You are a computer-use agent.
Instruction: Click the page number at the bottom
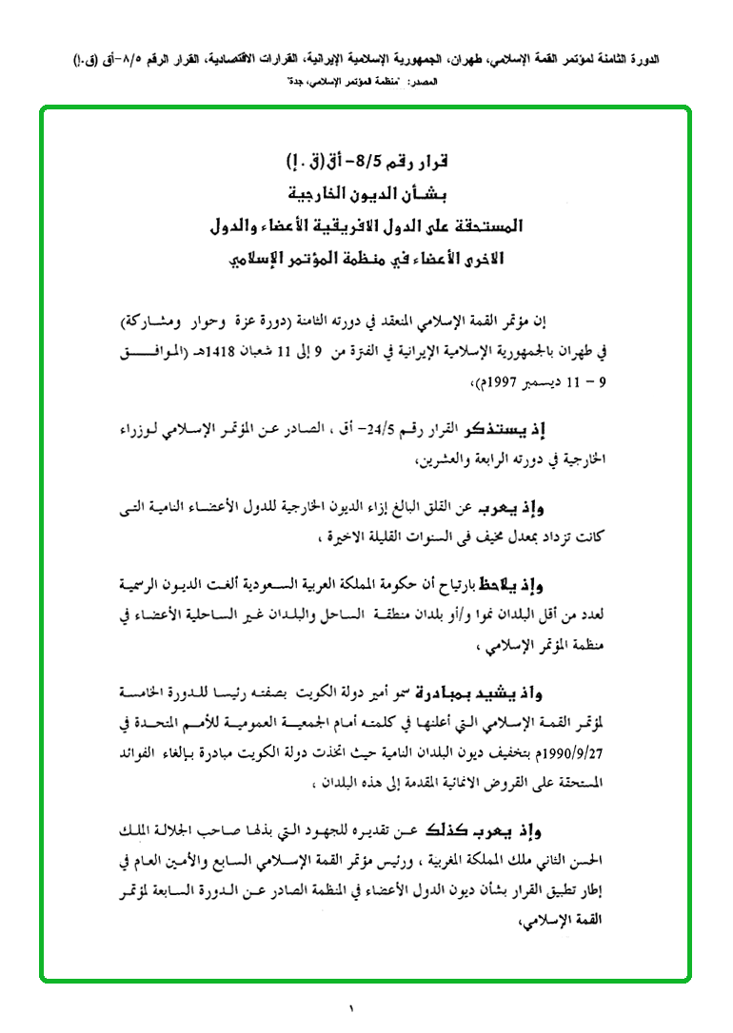pos(350,1006)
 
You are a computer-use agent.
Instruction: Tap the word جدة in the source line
pos(288,84)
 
